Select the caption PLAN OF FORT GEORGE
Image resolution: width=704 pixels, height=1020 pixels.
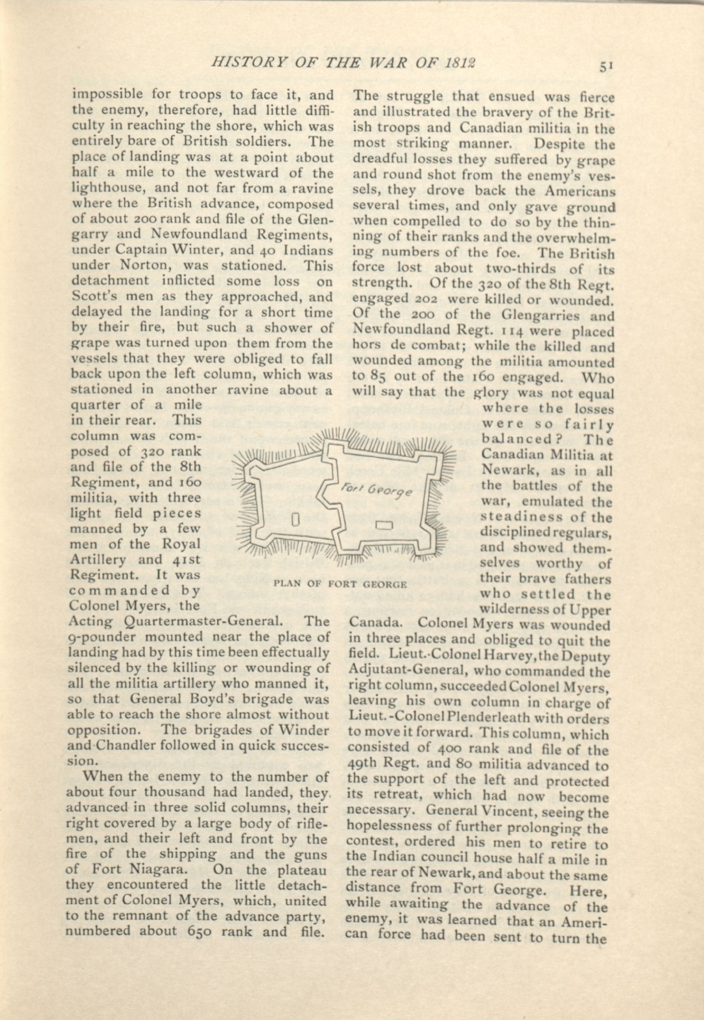click(340, 585)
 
